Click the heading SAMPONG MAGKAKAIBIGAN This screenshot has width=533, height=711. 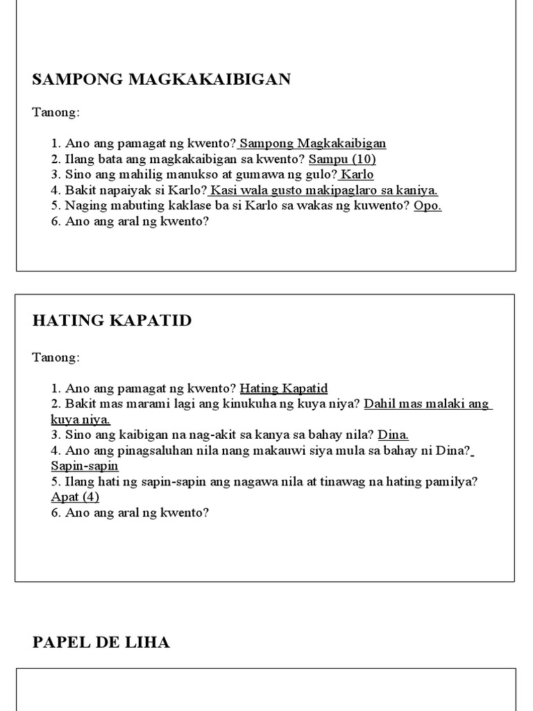(161, 79)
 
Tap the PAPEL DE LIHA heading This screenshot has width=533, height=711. (101, 642)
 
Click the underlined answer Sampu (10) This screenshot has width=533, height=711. (342, 159)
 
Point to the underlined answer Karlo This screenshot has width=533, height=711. (358, 174)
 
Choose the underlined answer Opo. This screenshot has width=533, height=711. (428, 206)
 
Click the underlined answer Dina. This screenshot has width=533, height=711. (394, 435)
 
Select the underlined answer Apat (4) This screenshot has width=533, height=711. (75, 497)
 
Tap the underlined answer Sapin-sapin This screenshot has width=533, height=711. (85, 466)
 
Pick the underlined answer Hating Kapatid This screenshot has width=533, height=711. (283, 389)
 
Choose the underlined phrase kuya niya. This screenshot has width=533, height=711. (81, 419)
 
